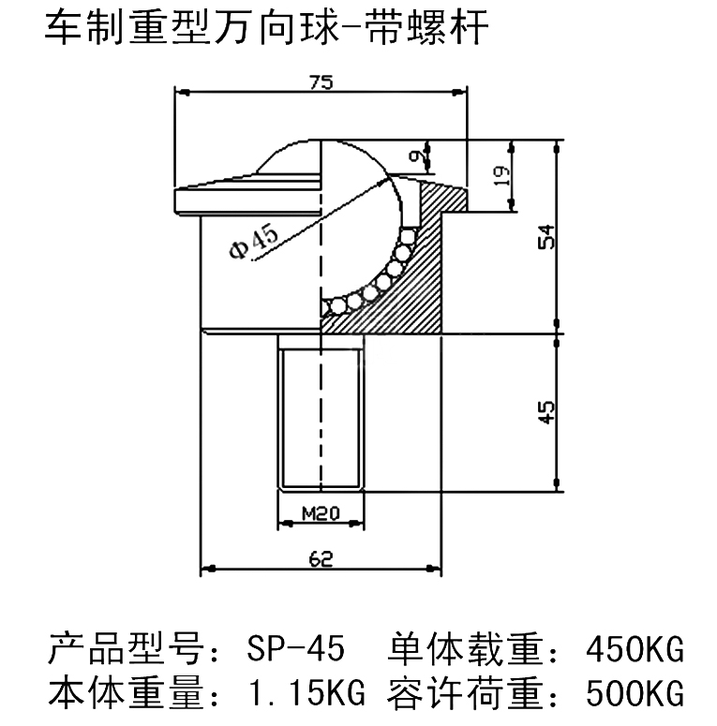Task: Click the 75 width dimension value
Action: [321, 81]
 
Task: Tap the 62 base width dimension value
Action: [321, 559]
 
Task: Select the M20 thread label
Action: [321, 512]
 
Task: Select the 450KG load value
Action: [633, 648]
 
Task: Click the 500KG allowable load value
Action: [633, 694]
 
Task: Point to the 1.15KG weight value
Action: [296, 694]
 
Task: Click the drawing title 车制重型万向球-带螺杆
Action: [267, 28]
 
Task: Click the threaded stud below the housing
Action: [321, 412]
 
